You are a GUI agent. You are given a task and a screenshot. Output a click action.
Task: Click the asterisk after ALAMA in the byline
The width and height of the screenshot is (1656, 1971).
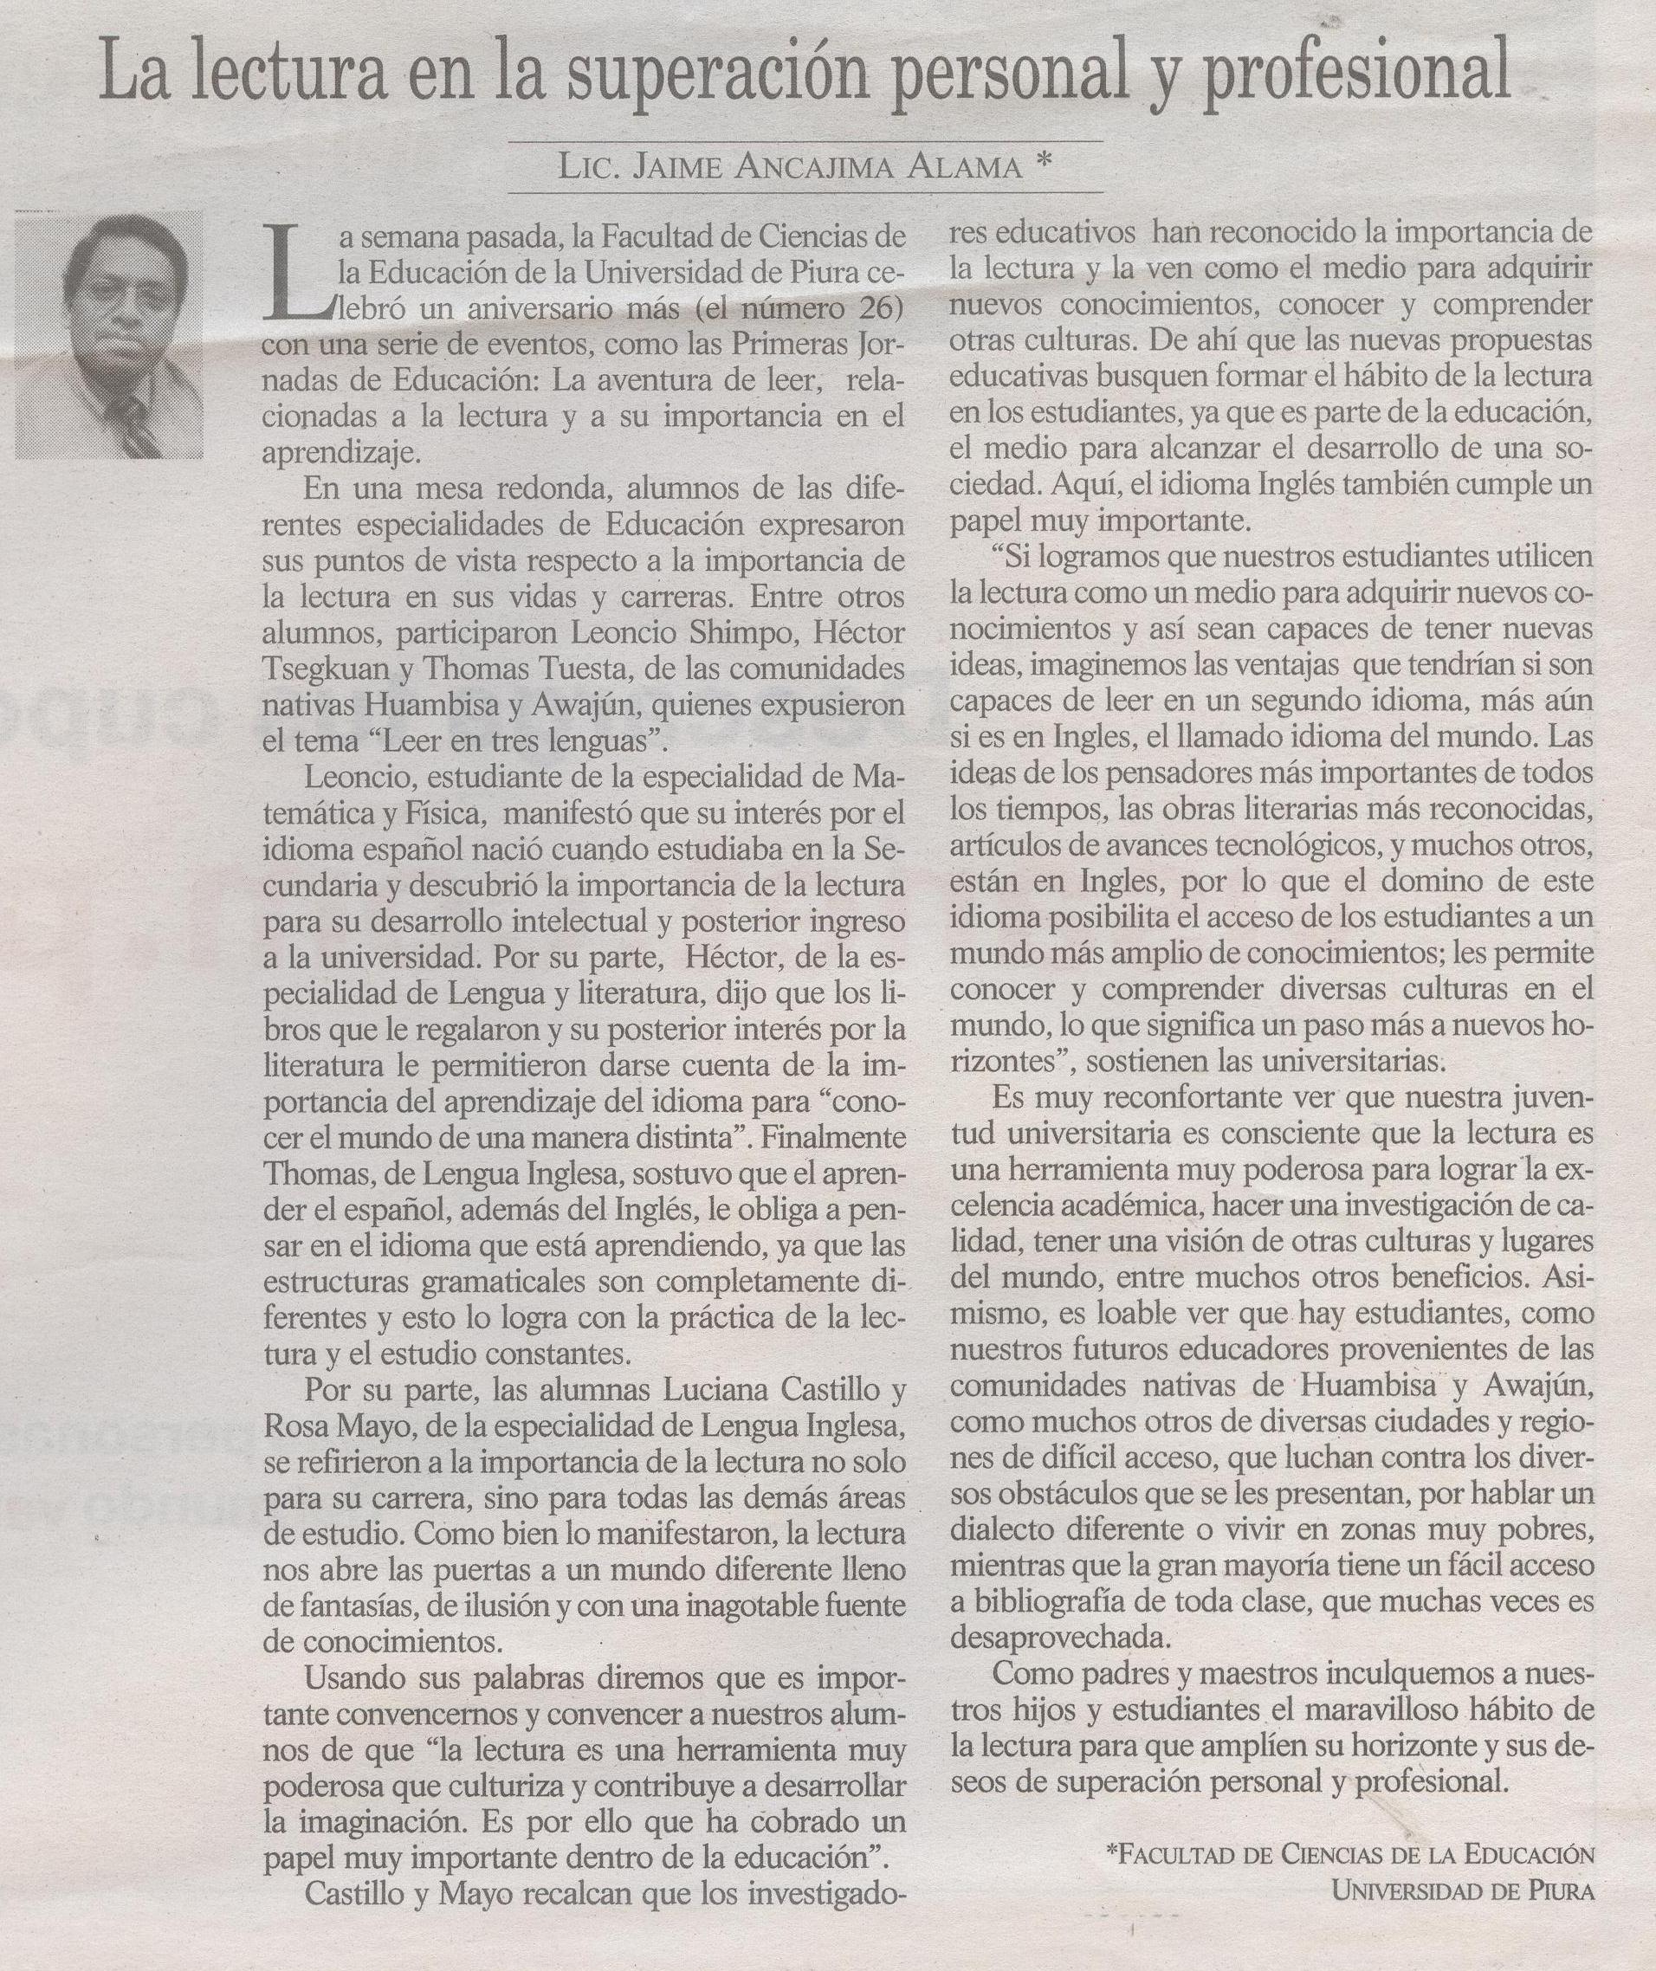coord(1039,165)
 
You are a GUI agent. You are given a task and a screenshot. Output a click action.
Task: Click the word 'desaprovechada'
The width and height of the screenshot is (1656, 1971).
coord(1061,1638)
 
